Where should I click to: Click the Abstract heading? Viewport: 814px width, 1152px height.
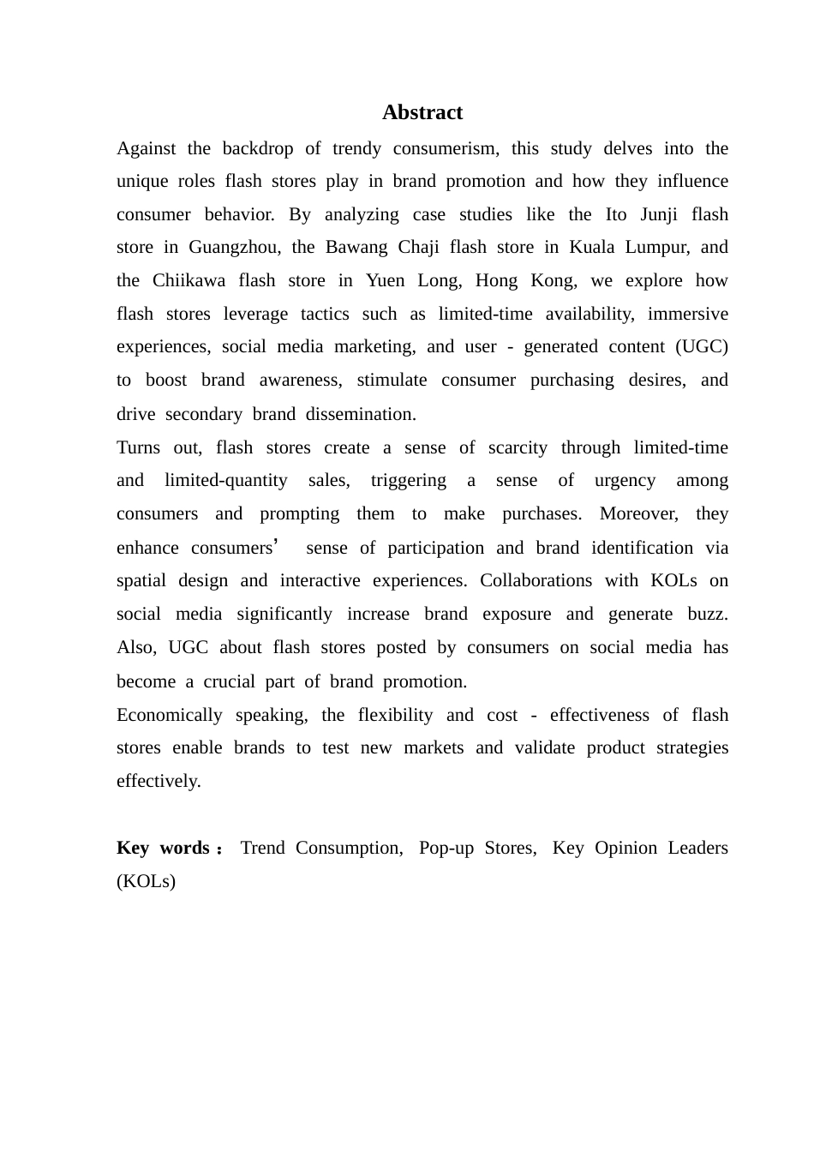(422, 112)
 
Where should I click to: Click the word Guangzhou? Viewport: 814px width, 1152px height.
(234, 248)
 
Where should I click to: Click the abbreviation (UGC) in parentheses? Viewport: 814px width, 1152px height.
(701, 347)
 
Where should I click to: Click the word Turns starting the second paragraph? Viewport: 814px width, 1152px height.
(138, 448)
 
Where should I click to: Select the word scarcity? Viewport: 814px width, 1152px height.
(518, 448)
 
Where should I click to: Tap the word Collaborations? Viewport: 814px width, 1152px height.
(536, 581)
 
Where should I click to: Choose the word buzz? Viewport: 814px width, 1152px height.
(708, 615)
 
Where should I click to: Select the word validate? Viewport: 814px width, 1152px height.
(544, 748)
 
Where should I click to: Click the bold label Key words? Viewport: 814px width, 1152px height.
(164, 849)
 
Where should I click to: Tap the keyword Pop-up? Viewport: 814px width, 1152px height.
(446, 849)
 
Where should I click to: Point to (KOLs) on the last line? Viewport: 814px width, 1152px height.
(146, 881)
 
